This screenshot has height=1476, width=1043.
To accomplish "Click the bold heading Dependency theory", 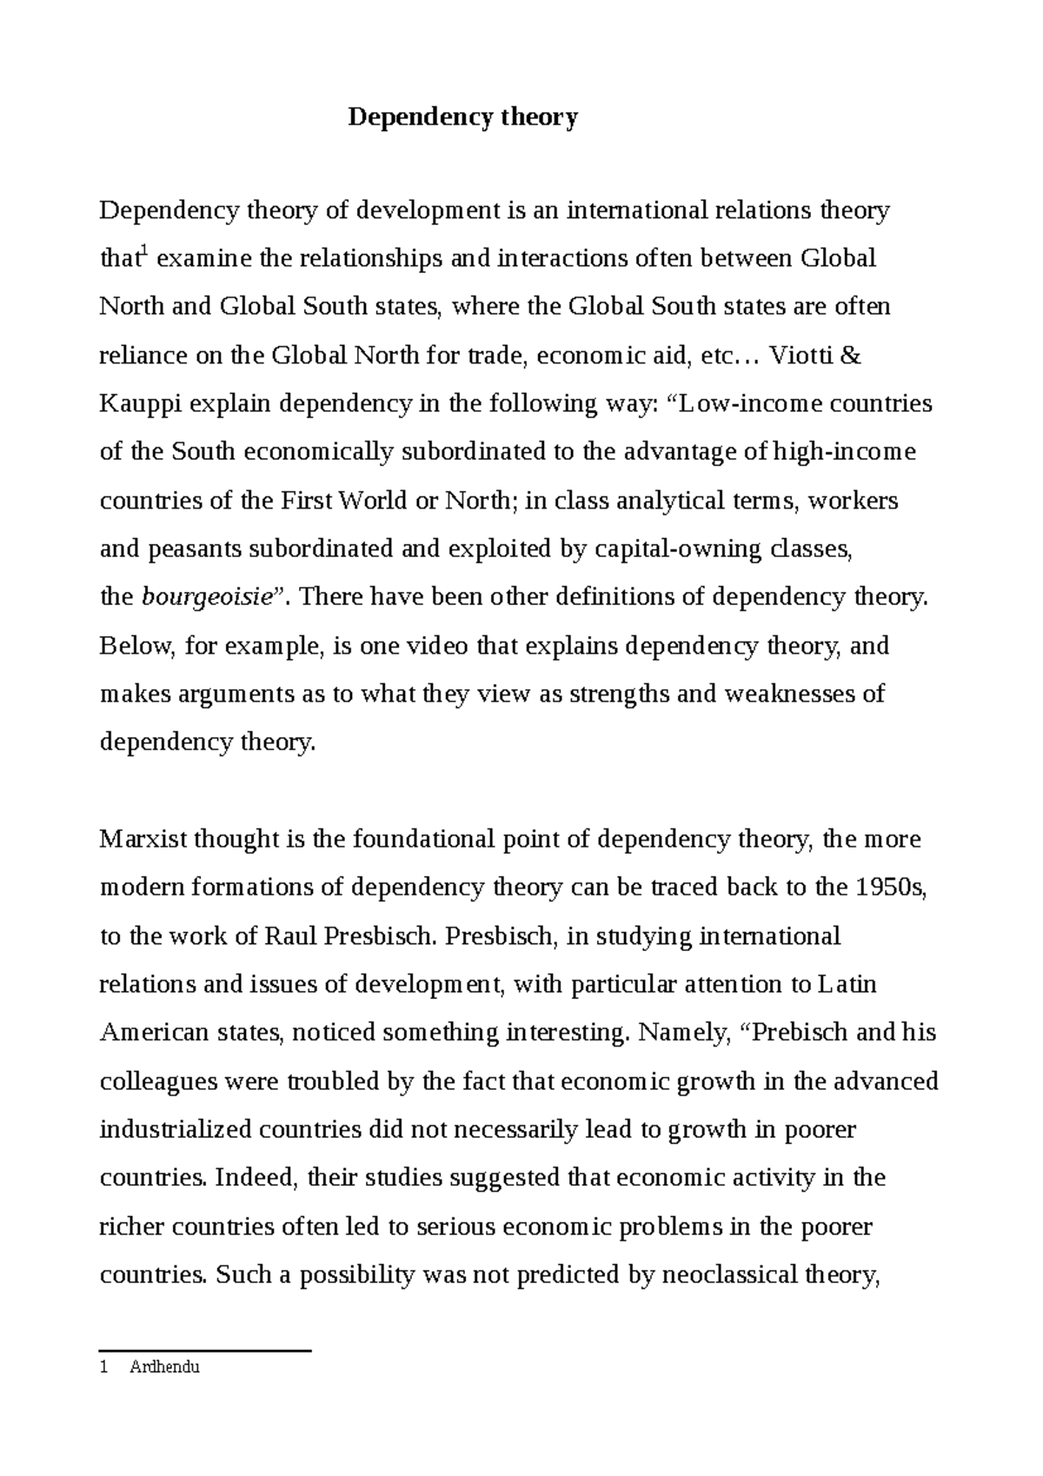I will tap(462, 117).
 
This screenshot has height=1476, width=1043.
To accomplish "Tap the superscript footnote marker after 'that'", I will tap(143, 252).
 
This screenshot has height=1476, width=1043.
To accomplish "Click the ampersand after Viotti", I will tap(852, 356).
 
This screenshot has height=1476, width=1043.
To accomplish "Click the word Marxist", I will tap(143, 840).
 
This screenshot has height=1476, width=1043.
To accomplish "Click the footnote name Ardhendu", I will tap(164, 1367).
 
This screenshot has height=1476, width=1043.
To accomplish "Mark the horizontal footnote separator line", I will tap(205, 1351).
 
